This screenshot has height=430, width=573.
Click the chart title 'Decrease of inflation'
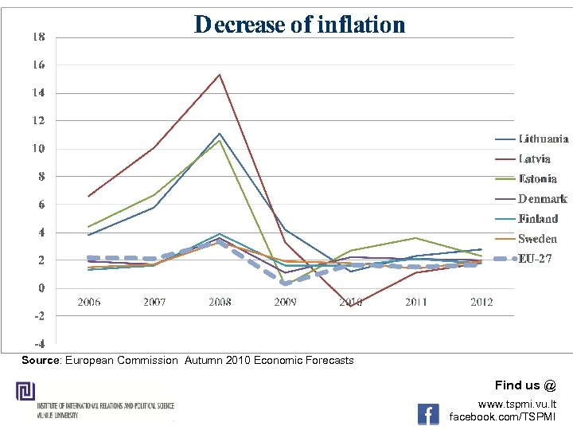(x=299, y=25)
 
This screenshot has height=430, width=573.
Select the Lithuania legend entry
(x=544, y=139)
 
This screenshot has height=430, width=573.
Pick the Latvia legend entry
(x=535, y=158)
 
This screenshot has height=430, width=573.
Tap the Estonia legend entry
(x=537, y=179)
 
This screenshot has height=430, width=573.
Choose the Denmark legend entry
(x=542, y=199)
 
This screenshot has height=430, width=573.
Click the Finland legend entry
(x=538, y=219)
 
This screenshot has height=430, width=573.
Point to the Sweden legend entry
(x=537, y=239)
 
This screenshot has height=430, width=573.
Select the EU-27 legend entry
(x=535, y=259)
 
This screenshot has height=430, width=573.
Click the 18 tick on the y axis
(x=38, y=37)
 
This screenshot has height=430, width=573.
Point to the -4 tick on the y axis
(x=38, y=344)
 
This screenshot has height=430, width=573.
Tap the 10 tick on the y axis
(x=38, y=149)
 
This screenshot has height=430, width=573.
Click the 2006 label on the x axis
(x=88, y=302)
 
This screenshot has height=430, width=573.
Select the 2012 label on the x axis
(x=481, y=302)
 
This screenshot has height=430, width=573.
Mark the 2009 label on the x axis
(x=285, y=302)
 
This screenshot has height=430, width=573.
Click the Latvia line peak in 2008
(x=220, y=75)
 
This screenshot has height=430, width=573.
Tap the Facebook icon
(x=428, y=413)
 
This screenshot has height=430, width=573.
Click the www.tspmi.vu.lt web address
(x=516, y=405)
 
